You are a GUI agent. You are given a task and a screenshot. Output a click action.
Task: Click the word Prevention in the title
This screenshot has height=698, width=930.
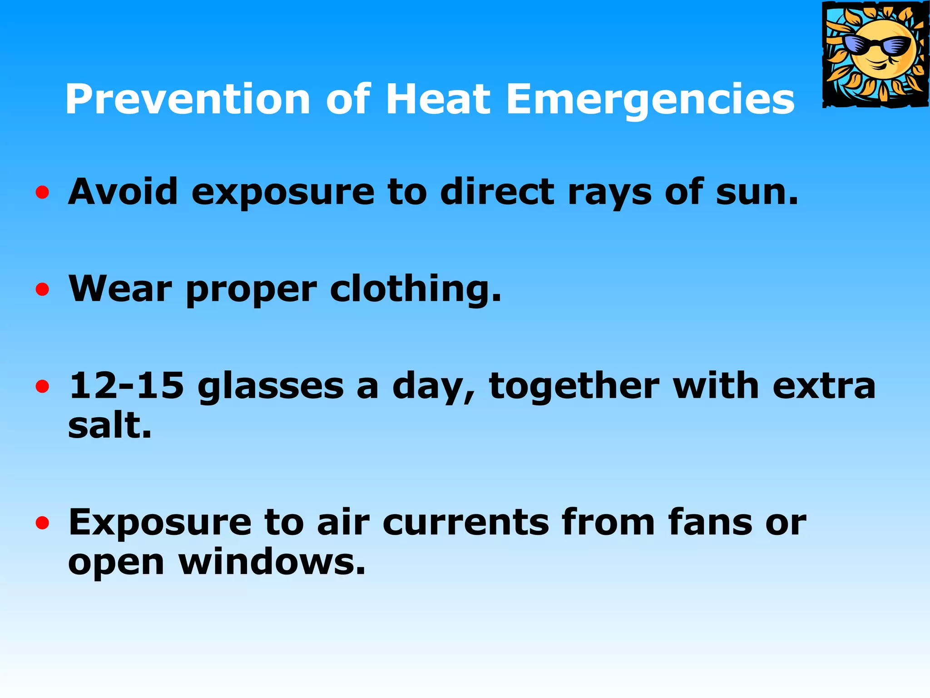point(187,99)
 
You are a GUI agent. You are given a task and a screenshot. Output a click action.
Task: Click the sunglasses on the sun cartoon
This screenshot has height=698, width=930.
point(877,46)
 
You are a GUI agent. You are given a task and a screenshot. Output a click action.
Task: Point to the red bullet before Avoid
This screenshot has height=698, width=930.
point(42,193)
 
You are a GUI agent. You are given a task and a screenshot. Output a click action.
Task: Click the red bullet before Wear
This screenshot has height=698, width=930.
point(42,289)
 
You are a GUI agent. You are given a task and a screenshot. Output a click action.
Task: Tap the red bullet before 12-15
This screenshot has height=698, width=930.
point(42,387)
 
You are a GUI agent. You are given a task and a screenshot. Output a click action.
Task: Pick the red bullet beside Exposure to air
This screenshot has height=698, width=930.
point(42,523)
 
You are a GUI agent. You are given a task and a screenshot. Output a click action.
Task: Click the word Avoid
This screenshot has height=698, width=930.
point(123,192)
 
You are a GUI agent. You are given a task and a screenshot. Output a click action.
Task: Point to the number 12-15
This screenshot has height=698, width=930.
point(126,386)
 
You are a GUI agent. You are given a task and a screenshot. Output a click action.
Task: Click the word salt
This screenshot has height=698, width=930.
point(109,426)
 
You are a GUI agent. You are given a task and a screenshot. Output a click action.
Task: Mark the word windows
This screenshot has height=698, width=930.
point(272,562)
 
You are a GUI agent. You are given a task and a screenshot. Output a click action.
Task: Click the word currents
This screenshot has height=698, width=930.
point(466,523)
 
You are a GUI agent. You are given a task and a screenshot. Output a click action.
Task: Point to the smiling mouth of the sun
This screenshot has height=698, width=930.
point(879,64)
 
